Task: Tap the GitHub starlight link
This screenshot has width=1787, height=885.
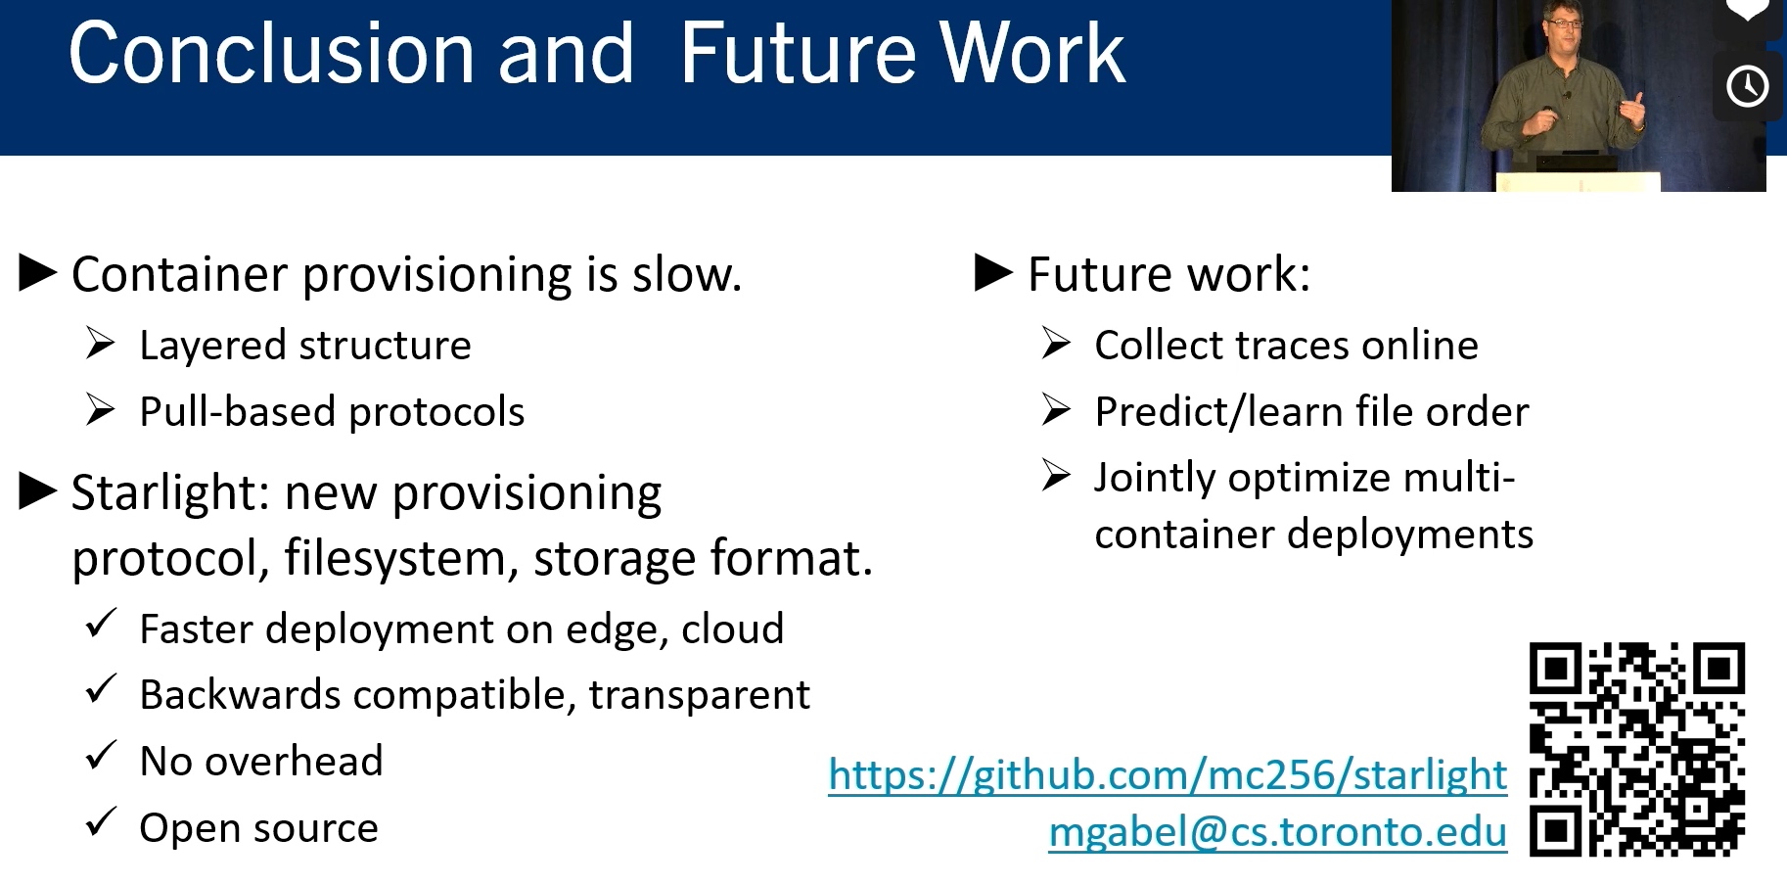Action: click(1168, 774)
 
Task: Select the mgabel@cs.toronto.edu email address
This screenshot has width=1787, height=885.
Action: click(1278, 831)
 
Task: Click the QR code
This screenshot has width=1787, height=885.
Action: click(1637, 749)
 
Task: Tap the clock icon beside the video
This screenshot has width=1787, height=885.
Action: click(1747, 86)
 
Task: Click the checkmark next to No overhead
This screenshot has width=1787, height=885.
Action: click(101, 757)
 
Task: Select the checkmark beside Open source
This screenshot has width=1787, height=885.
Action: click(101, 823)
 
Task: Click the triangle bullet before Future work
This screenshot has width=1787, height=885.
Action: click(993, 273)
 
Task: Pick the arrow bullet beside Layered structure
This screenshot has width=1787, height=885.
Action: click(100, 344)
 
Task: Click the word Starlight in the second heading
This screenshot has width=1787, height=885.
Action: click(169, 492)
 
